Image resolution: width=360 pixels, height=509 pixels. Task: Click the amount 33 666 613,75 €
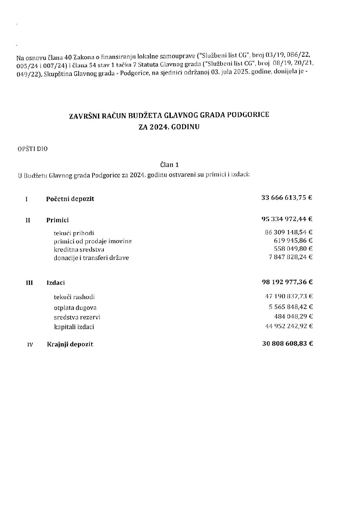(287, 198)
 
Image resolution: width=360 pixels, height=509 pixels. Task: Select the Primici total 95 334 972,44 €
(287, 219)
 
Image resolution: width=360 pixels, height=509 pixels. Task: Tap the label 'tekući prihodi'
(74, 233)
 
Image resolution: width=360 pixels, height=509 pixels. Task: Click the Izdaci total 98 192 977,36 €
(287, 282)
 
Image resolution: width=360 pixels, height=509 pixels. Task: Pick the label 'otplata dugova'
(75, 308)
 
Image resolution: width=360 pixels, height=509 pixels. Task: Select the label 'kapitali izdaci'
(74, 327)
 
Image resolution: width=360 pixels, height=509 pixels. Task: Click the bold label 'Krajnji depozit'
(70, 344)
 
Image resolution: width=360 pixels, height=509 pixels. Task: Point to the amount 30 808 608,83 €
(288, 343)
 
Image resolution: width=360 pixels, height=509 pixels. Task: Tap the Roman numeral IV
(30, 344)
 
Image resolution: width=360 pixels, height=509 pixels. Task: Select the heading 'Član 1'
(169, 165)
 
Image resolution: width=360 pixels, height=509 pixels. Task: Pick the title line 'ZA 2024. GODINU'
(169, 127)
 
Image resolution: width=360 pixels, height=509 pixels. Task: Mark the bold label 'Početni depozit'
(70, 199)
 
